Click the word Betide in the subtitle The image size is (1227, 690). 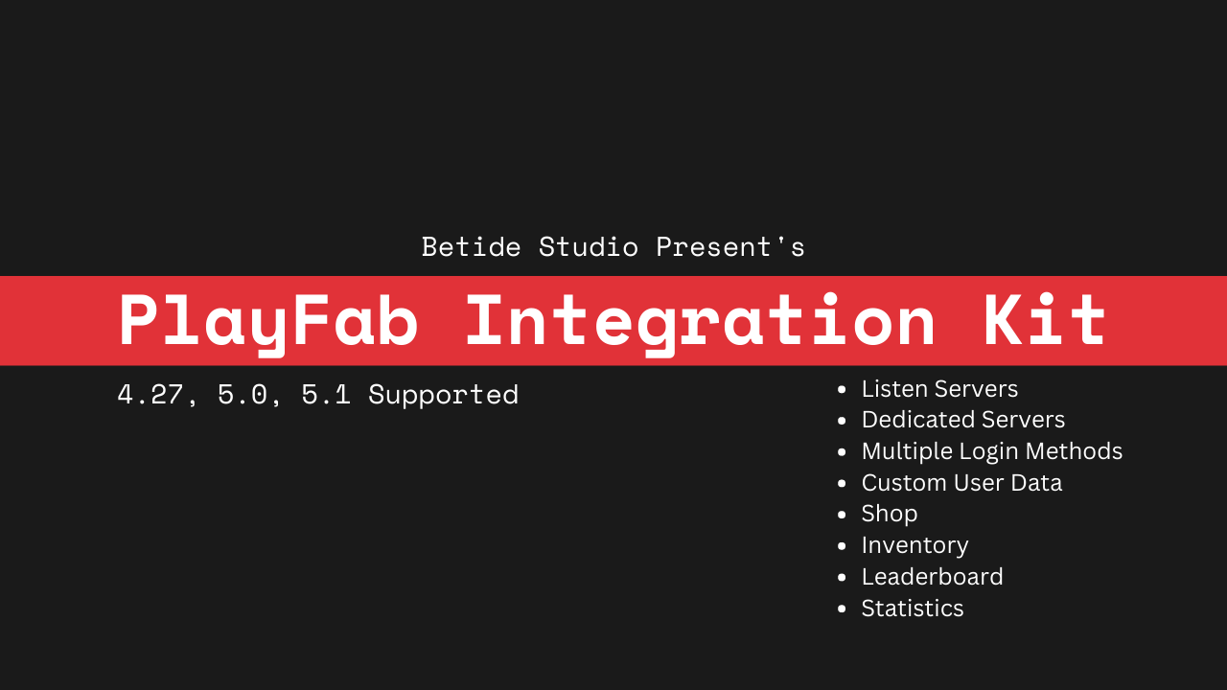[x=471, y=247]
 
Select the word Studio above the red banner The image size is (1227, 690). [x=589, y=247]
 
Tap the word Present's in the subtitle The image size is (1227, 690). [x=730, y=247]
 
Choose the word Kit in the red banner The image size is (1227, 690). [x=1044, y=320]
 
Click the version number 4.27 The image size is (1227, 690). [x=150, y=394]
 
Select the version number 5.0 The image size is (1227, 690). [x=243, y=394]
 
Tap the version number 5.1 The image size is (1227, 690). [x=326, y=394]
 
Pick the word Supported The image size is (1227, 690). [x=443, y=396]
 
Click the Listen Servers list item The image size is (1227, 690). [x=939, y=389]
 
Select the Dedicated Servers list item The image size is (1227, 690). [x=963, y=420]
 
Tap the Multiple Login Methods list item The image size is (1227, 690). [x=992, y=451]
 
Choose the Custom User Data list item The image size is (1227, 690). [x=961, y=483]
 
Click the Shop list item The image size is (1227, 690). [x=890, y=515]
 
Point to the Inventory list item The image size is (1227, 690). [x=914, y=546]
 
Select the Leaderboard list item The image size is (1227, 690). [x=933, y=577]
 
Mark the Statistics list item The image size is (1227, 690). [x=913, y=609]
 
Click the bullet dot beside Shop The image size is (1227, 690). [x=842, y=515]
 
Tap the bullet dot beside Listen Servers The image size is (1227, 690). [x=842, y=389]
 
